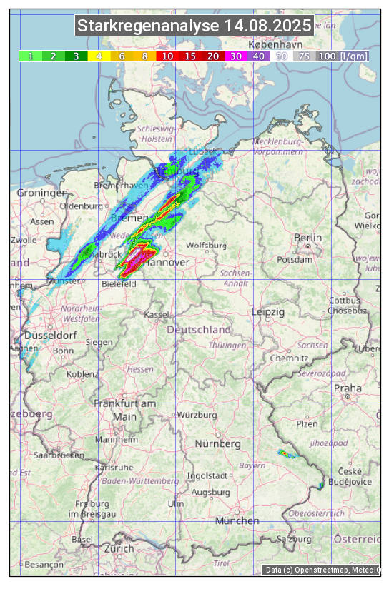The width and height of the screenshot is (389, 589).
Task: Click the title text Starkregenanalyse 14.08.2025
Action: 194,26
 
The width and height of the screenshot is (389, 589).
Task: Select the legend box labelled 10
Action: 167,56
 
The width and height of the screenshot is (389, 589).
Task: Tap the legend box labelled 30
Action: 235,56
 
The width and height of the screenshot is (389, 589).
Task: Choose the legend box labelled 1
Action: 31,56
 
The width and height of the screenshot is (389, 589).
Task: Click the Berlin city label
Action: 307,238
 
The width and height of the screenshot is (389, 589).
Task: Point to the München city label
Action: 237,521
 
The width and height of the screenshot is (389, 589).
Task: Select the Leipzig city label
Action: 268,312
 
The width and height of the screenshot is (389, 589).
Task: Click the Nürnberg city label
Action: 218,444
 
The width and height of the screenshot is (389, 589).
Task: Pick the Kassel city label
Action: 156,314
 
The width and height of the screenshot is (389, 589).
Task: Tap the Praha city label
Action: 348,388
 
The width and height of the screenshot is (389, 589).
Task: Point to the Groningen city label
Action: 42,193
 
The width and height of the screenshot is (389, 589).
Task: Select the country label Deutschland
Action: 199,330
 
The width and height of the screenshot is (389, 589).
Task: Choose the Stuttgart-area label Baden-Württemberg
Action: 141,481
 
